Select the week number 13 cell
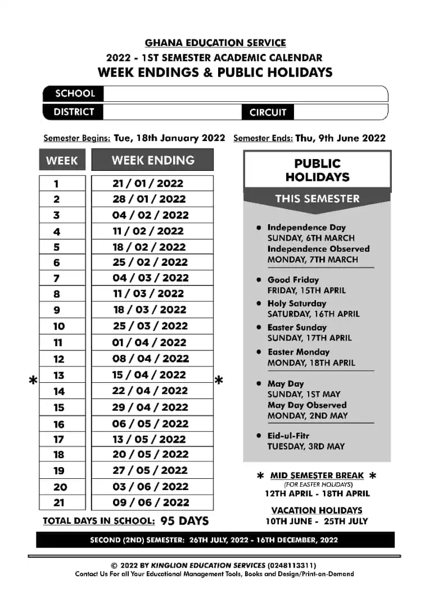point(59,375)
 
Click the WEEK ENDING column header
point(152,160)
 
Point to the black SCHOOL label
point(75,93)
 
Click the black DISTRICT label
point(73,112)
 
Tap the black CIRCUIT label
point(268,112)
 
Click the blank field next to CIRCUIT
point(340,112)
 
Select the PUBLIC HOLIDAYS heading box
point(317,170)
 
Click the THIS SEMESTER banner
point(317,198)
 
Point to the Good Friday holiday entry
point(293,280)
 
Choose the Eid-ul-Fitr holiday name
point(288,436)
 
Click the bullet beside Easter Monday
point(259,352)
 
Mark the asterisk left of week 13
point(33,381)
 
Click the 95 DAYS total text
point(184,521)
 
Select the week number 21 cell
point(59,502)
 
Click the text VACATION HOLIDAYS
point(317,510)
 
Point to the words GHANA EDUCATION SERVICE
point(215,43)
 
